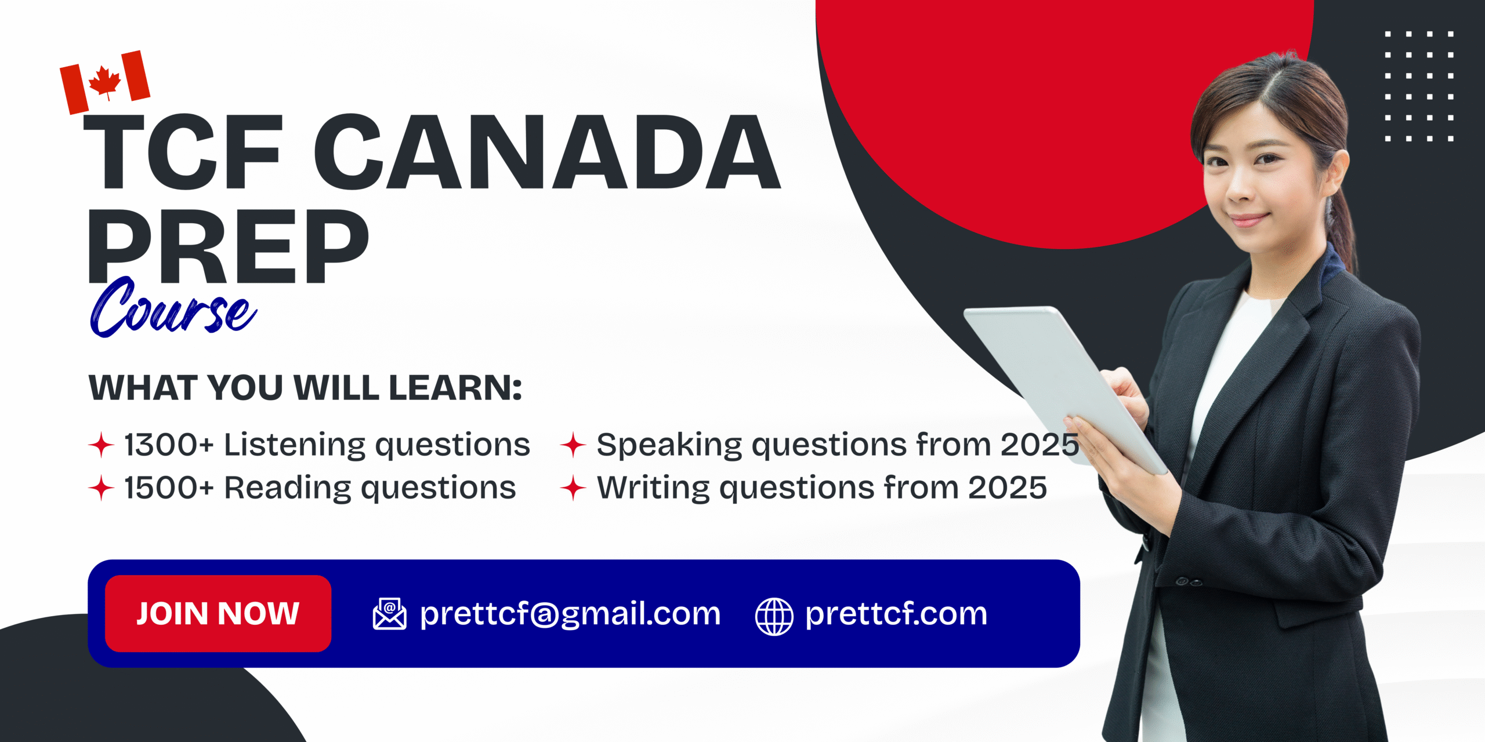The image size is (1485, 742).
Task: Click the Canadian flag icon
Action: pos(105,82)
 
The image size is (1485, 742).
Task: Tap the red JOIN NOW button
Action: pos(218,613)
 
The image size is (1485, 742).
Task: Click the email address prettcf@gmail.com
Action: pos(570,614)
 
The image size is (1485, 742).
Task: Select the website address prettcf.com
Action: pos(896,614)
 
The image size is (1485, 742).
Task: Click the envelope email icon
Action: pos(389,614)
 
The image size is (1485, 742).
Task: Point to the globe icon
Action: pos(774,616)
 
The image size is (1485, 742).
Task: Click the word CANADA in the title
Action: pos(547,152)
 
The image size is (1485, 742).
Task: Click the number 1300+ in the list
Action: pos(169,445)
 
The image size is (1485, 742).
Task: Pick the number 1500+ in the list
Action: pos(169,488)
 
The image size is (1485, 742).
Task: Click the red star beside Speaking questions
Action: pos(573,445)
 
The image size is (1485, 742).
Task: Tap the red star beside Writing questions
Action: pos(573,488)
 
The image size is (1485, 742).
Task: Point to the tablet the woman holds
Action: pos(1064,388)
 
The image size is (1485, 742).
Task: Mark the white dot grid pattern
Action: pos(1419,86)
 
